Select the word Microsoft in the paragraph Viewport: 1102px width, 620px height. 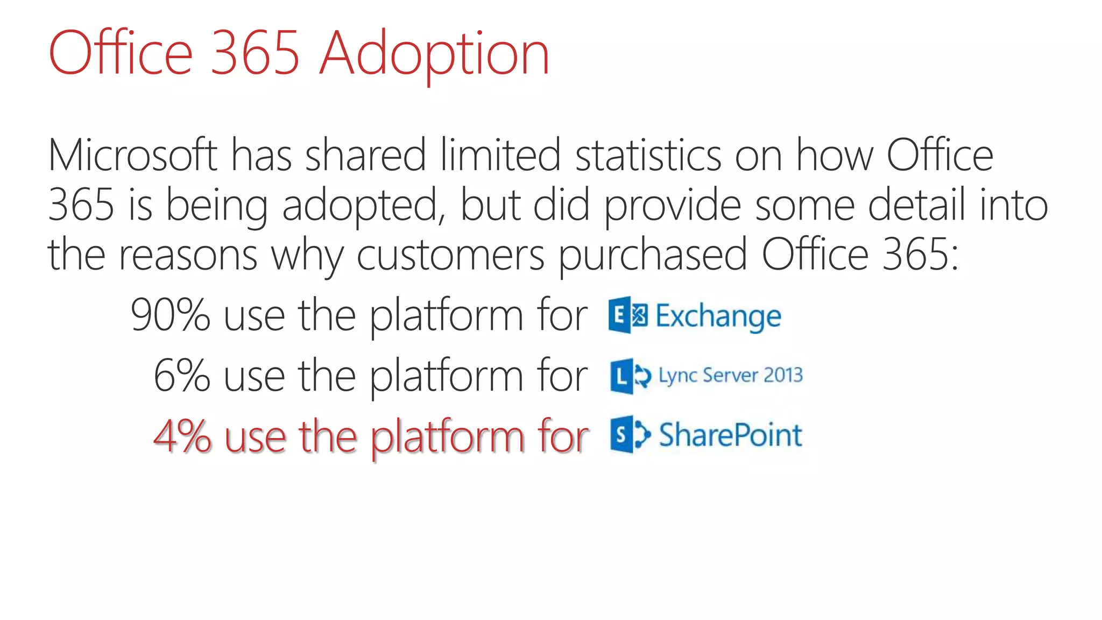pyautogui.click(x=132, y=155)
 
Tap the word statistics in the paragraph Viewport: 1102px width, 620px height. pyautogui.click(x=648, y=155)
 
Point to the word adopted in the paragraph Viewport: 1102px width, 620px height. pyautogui.click(x=361, y=206)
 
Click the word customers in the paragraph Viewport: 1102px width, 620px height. pyautogui.click(x=450, y=255)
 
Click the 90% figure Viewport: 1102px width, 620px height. pyautogui.click(x=170, y=315)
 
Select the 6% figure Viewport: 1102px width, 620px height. pyautogui.click(x=181, y=376)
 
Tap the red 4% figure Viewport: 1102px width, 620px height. pyautogui.click(x=182, y=436)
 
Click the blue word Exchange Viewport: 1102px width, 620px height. pyautogui.click(x=718, y=316)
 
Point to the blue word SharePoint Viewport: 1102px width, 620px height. pyautogui.click(x=730, y=435)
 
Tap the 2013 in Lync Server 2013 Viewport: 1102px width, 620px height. pyautogui.click(x=782, y=375)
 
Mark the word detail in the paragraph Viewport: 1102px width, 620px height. pyautogui.click(x=916, y=206)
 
